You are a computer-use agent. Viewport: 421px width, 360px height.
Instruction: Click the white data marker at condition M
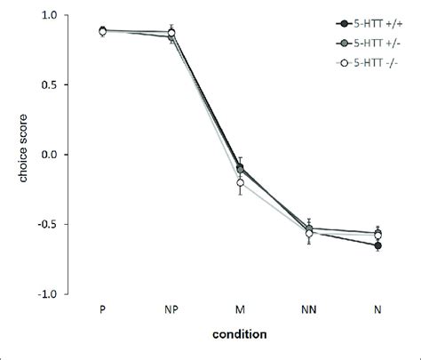click(x=240, y=183)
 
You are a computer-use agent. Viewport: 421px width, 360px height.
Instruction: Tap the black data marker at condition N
click(x=378, y=245)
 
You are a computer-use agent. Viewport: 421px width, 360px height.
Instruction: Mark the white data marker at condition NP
click(x=171, y=33)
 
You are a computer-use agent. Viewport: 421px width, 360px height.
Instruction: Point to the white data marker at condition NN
click(x=309, y=233)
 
